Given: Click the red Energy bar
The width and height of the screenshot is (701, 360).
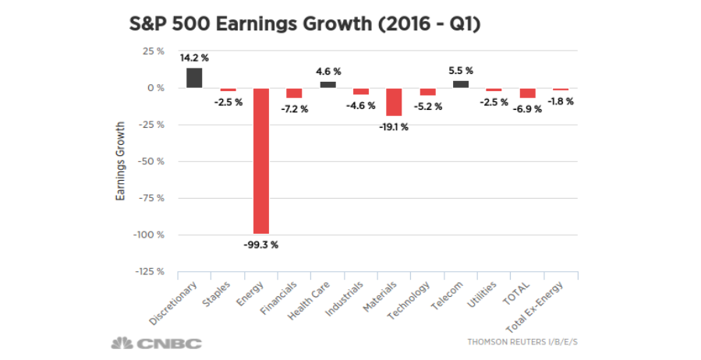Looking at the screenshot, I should pyautogui.click(x=260, y=161).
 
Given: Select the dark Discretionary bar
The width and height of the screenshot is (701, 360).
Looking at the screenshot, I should pyautogui.click(x=194, y=78).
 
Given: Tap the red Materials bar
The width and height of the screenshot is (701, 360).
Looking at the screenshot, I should pyautogui.click(x=394, y=101).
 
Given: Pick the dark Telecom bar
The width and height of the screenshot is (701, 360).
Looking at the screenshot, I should pyautogui.click(x=461, y=84).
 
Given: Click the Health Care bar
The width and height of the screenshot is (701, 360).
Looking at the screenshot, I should pyautogui.click(x=327, y=84).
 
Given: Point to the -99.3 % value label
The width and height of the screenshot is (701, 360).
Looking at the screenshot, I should pyautogui.click(x=261, y=245).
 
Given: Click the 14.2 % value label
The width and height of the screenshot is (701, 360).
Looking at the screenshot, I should pyautogui.click(x=194, y=58).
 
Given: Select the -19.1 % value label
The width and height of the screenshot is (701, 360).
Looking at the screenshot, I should pyautogui.click(x=394, y=127).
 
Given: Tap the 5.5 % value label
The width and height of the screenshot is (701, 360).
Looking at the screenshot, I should pyautogui.click(x=461, y=71).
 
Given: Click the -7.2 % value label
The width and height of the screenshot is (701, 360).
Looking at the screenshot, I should pyautogui.click(x=295, y=110).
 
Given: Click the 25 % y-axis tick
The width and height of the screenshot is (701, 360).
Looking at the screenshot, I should pyautogui.click(x=153, y=51).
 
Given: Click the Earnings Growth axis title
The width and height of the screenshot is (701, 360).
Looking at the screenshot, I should pyautogui.click(x=121, y=161).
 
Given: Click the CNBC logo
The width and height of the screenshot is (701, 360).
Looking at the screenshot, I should pyautogui.click(x=156, y=343).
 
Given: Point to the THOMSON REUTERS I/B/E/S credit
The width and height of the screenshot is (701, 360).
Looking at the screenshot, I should pyautogui.click(x=527, y=342).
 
